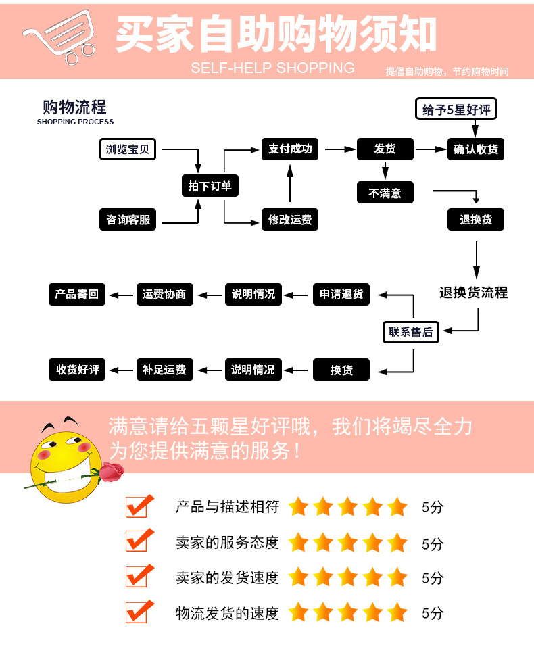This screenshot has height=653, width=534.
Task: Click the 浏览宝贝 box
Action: click(128, 149)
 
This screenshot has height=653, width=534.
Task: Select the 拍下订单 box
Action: click(210, 186)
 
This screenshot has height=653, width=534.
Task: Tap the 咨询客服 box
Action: click(128, 220)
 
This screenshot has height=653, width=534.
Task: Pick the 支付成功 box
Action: click(290, 149)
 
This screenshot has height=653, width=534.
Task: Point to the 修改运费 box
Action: click(290, 220)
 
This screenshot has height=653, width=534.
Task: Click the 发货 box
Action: click(385, 149)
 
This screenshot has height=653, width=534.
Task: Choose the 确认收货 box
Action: click(476, 149)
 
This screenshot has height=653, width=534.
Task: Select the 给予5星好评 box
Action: click(456, 110)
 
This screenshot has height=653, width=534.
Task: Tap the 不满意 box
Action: click(385, 193)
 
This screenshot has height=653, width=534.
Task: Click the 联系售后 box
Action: click(410, 332)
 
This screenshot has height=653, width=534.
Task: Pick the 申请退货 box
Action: click(341, 294)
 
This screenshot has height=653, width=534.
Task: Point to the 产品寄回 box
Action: click(77, 294)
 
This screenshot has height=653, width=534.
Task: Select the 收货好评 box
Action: click(77, 370)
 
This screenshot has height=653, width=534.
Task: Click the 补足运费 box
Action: click(164, 370)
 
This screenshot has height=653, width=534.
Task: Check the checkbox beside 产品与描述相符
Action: click(137, 506)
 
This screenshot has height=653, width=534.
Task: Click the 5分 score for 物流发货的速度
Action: click(433, 614)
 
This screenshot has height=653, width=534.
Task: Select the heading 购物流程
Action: click(74, 108)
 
